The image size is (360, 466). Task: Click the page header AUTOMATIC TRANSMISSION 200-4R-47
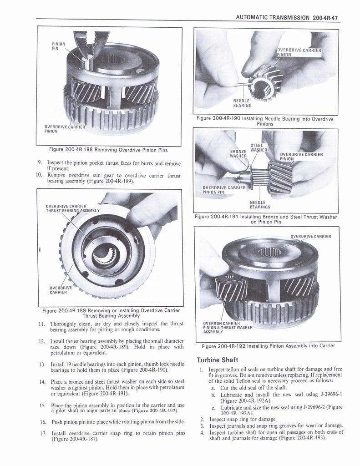pos(289,18)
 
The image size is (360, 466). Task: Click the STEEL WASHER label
pos(258,148)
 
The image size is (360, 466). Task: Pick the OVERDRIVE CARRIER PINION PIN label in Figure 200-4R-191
pos(223,189)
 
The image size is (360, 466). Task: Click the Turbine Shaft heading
pos(218,360)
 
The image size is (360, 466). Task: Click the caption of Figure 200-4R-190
pos(265,121)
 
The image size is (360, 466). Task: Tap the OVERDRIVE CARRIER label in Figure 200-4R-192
pos(310,236)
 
